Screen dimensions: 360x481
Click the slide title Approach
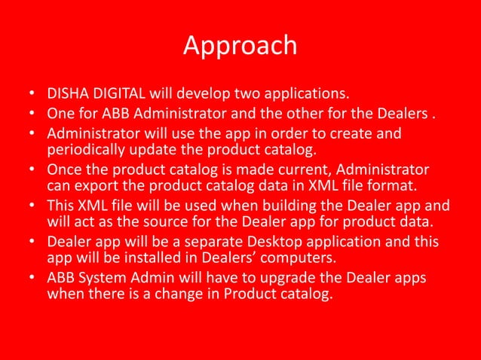tap(240, 45)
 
